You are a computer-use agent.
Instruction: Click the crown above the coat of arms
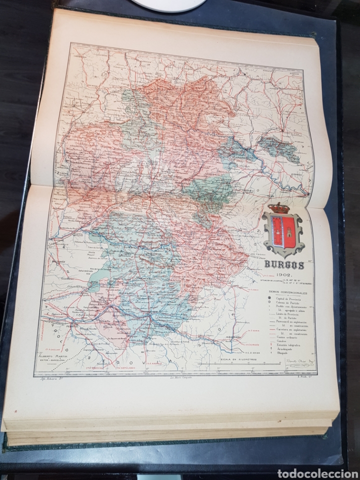(278, 207)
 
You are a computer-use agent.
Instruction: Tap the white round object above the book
(168, 5)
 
